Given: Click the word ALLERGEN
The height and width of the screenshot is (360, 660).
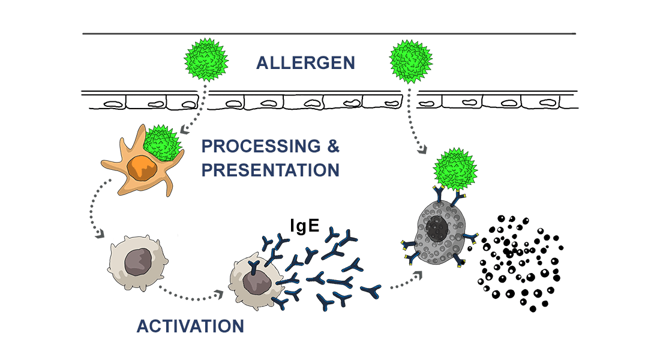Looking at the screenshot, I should coord(305,62).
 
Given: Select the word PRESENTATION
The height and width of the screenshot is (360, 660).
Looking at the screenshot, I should coord(270,170).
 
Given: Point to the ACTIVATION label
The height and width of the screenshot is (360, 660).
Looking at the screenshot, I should coord(190,326).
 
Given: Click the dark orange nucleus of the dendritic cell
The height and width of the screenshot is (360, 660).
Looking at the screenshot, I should coord(143,170).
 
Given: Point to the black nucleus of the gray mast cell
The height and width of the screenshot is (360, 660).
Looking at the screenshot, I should coord(437,229).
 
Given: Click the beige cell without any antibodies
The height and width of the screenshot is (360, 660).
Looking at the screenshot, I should coord(136,263).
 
